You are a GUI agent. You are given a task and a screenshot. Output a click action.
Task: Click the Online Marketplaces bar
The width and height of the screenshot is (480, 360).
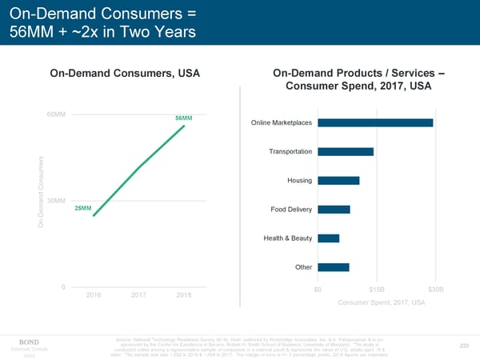375,122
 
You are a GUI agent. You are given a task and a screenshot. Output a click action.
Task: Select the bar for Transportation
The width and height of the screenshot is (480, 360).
346,152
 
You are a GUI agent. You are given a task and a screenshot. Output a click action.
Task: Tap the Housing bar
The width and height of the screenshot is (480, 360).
338,180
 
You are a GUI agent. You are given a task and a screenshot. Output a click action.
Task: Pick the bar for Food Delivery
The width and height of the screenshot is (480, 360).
334,210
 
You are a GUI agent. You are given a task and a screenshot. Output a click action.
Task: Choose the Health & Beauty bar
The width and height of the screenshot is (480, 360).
328,238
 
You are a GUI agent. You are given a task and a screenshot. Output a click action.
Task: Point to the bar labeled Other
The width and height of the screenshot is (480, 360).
333,267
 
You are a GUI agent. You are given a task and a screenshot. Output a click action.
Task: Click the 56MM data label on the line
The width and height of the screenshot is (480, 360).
183,118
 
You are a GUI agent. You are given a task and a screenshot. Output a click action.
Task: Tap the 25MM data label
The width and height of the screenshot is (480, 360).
82,209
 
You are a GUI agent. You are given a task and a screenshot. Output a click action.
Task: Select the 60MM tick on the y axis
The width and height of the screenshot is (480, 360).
56,115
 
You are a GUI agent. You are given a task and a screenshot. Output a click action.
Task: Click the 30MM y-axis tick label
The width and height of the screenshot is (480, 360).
56,200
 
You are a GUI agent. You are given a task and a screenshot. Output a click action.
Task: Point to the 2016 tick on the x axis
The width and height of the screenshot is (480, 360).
94,296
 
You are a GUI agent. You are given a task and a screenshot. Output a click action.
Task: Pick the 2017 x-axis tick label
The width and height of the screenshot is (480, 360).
139,296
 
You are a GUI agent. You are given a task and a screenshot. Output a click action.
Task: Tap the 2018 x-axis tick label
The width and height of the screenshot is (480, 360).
185,296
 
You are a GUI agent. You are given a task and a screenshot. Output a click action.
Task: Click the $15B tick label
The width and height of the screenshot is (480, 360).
377,289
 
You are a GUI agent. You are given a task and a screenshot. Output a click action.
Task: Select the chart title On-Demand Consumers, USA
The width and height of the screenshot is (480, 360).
125,74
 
